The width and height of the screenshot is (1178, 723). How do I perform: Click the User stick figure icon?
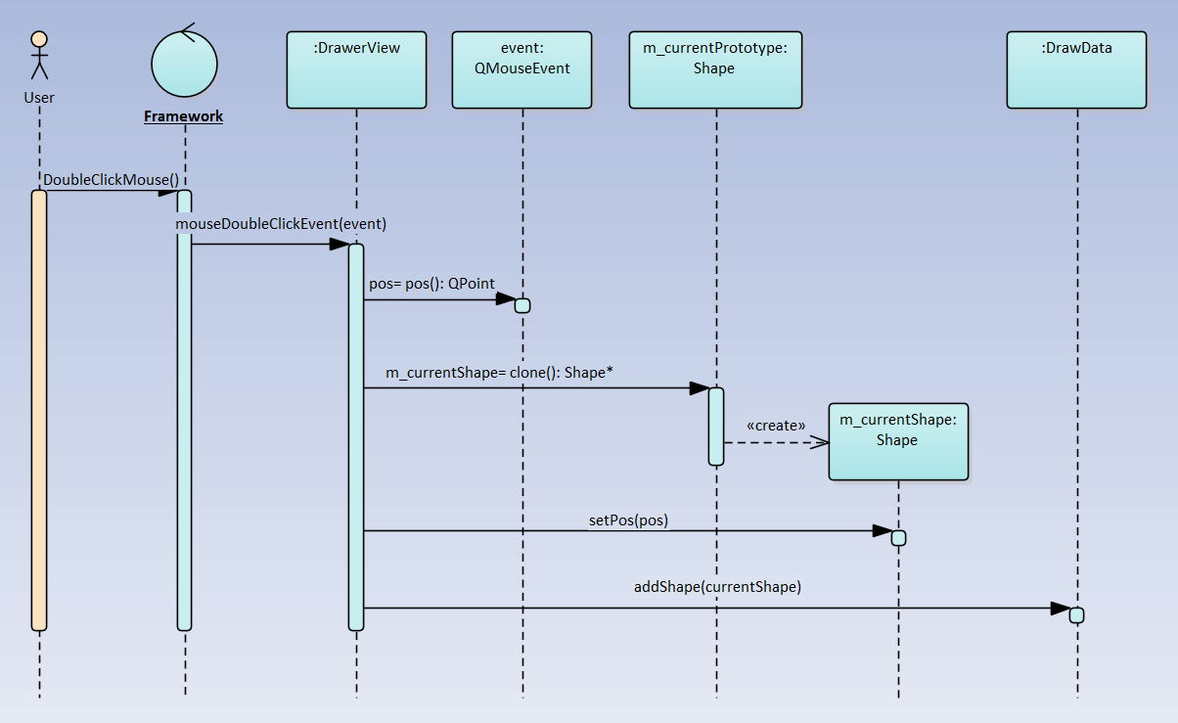(39, 55)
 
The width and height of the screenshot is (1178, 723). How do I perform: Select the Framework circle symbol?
(185, 64)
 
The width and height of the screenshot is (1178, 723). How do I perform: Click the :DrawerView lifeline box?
(356, 69)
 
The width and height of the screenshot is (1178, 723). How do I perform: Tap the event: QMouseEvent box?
(521, 69)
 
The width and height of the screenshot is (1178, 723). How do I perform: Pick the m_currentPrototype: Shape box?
(716, 69)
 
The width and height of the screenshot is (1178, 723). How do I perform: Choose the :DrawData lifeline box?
(1076, 69)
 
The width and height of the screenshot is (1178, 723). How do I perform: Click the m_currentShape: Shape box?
(898, 441)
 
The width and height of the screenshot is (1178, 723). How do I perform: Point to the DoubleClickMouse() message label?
(111, 180)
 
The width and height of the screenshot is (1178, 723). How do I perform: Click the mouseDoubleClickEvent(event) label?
(281, 224)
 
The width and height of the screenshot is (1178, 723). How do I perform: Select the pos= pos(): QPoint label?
(431, 284)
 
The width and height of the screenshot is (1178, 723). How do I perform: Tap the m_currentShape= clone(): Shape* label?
(499, 373)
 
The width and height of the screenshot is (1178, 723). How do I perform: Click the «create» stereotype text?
(776, 425)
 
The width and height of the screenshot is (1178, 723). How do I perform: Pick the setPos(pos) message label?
(628, 520)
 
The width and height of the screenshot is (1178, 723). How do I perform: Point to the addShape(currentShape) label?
(717, 586)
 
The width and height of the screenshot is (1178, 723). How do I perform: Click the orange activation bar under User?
(39, 410)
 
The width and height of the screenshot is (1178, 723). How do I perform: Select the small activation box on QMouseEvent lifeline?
(522, 305)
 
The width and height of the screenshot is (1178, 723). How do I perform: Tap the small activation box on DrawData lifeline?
(1076, 615)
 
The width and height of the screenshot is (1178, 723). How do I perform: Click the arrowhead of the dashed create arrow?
(820, 443)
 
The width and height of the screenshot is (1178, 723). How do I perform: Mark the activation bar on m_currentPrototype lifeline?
(716, 427)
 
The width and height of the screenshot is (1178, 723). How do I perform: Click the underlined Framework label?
(184, 116)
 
